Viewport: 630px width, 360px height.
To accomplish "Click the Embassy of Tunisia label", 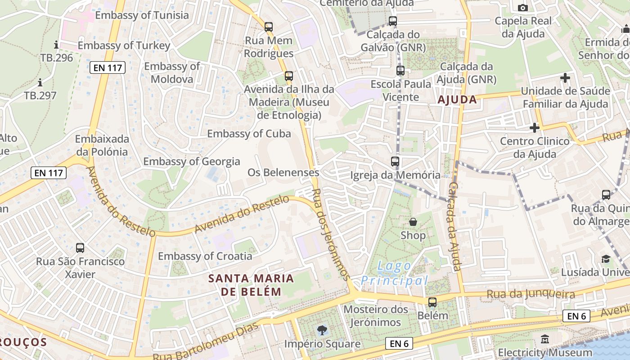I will tap(142, 15).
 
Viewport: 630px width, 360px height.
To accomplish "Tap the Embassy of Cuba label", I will tap(249, 134).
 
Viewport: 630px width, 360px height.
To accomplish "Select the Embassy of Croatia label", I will tap(205, 256).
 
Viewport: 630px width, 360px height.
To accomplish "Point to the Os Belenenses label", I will tap(283, 172).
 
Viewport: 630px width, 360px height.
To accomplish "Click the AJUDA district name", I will tap(457, 99).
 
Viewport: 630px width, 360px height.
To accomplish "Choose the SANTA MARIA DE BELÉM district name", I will tap(251, 285).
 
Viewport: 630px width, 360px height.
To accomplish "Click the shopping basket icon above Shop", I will tap(413, 222).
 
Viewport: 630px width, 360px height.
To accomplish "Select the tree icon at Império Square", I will tap(322, 330).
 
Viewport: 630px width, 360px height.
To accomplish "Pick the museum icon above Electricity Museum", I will tap(545, 339).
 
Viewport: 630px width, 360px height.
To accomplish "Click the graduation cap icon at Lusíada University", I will tap(606, 259).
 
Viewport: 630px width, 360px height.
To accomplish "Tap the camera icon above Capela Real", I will tap(522, 8).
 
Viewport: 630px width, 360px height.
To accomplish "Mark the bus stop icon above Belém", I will tap(432, 302).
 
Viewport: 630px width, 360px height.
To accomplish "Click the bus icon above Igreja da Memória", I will tap(395, 161).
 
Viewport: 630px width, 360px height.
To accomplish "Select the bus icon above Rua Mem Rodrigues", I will tap(269, 27).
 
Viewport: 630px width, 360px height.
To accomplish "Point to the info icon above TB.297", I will tap(40, 82).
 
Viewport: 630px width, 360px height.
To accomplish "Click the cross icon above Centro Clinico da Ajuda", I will tap(534, 128).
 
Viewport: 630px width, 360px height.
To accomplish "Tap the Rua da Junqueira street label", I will tap(531, 295).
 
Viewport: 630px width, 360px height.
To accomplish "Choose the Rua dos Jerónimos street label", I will tap(330, 234).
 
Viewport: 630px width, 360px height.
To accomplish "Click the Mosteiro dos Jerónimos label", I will tap(375, 315).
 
